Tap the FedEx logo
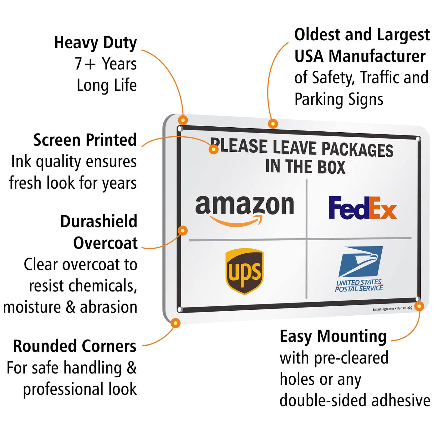(x=362, y=208)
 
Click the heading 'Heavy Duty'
(x=95, y=43)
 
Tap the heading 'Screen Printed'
(x=85, y=140)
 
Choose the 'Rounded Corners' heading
(x=75, y=346)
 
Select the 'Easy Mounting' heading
(x=333, y=337)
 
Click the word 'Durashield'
(x=99, y=222)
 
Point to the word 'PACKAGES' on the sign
(x=357, y=150)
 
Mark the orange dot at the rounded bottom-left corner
(x=176, y=323)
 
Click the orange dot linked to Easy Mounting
(x=419, y=306)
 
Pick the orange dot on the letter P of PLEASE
(x=213, y=149)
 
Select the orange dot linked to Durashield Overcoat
(x=182, y=231)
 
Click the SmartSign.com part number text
(x=392, y=309)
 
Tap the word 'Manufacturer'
(x=377, y=56)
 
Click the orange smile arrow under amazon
(x=237, y=222)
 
